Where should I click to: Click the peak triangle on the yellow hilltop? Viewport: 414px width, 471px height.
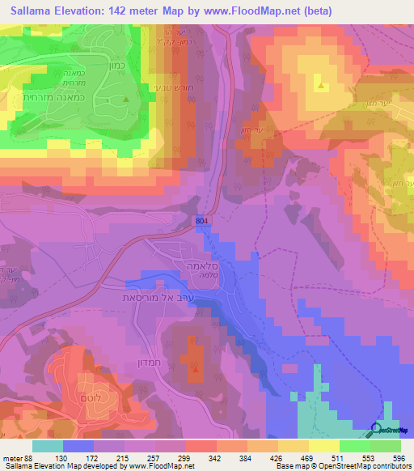tap(321, 85)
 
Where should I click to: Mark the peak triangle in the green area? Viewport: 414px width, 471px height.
tap(125, 100)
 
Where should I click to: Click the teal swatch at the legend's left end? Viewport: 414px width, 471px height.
tap(48, 446)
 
